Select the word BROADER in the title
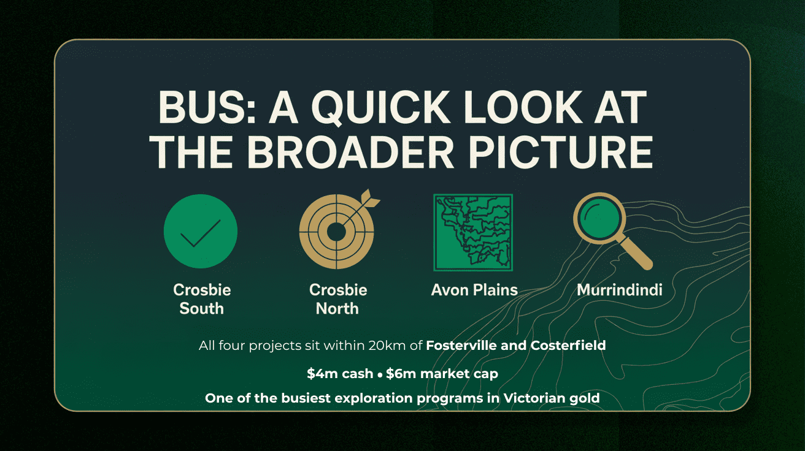click(x=350, y=152)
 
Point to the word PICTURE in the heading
click(x=561, y=152)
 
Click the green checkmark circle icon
click(x=201, y=231)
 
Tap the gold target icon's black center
click(x=336, y=232)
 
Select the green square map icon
click(x=473, y=232)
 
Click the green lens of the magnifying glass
click(x=599, y=218)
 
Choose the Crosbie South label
click(x=202, y=299)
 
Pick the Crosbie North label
click(x=338, y=299)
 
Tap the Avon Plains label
click(x=474, y=290)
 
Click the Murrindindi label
click(x=620, y=290)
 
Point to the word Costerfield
click(x=568, y=345)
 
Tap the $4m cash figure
click(x=340, y=374)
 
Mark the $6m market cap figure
click(x=442, y=374)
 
